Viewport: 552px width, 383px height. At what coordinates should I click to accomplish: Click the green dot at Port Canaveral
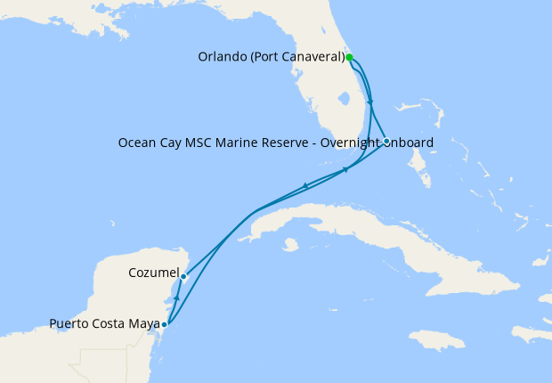tap(350, 57)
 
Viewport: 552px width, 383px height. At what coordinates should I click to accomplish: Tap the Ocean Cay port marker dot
tap(386, 141)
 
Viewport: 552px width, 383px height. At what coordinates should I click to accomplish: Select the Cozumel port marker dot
tap(183, 276)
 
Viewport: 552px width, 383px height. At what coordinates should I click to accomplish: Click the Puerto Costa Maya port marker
tap(164, 324)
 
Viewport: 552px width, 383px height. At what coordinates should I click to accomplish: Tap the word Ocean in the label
tap(136, 143)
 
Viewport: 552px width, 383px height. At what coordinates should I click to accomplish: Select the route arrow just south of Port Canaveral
tap(369, 100)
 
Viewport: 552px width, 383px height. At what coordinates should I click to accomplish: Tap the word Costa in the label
tap(111, 323)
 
